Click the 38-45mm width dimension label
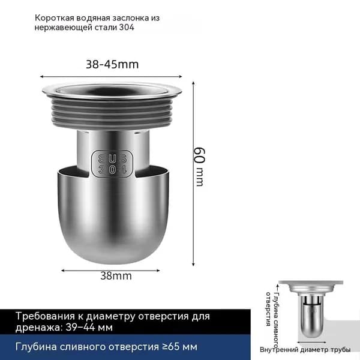tap(112, 65)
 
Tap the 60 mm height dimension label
tap(199, 167)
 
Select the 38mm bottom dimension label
tap(116, 276)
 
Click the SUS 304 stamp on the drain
tap(112, 163)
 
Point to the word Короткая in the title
tap(54, 18)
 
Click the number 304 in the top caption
tap(127, 28)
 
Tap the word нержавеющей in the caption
tap(63, 28)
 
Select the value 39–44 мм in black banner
tap(89, 328)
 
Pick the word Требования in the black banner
tap(45, 316)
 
